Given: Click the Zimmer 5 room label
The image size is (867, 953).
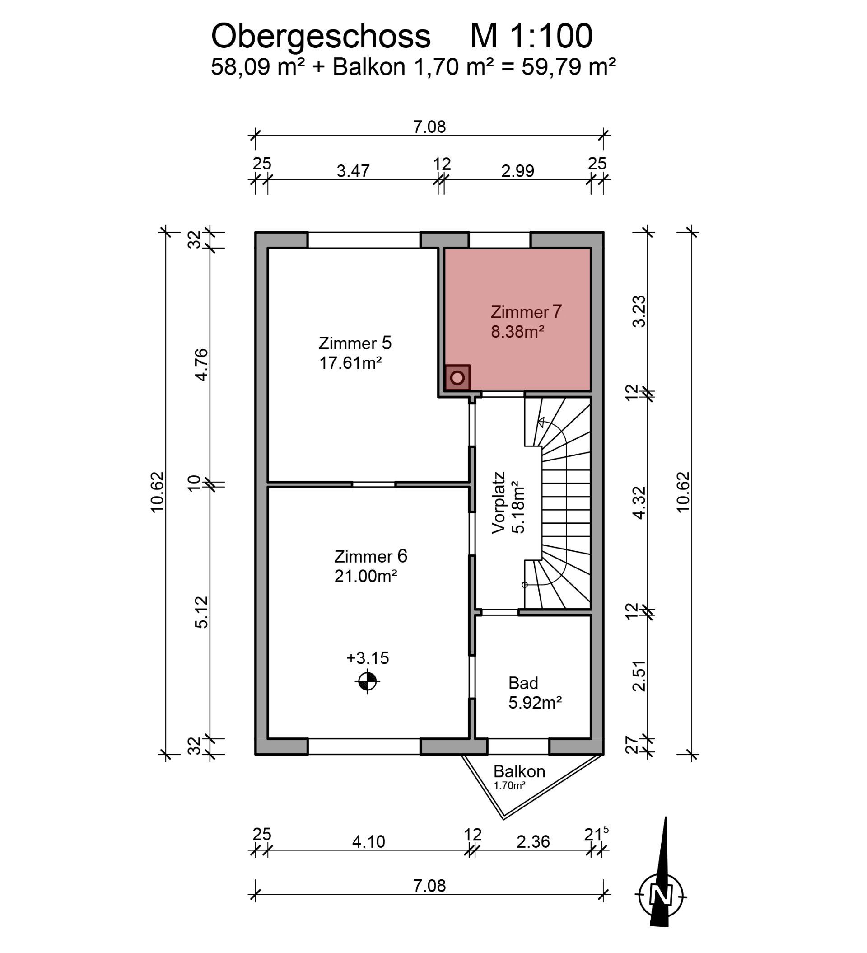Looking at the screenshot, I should coord(355,343).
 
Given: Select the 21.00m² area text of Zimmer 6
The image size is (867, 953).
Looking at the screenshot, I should coord(365,576).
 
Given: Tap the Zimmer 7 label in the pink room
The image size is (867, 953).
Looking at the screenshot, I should coord(526,312).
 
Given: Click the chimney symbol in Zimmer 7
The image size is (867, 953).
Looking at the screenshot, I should coord(457,378).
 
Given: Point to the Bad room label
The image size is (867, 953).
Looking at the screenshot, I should coord(523,683).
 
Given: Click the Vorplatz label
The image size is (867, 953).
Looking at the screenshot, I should coord(499,502).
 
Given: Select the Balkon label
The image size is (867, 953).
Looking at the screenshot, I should coord(519,771).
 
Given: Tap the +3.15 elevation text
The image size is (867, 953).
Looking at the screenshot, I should coord(368,657).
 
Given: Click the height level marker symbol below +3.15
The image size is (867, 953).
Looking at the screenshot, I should coord(368,681).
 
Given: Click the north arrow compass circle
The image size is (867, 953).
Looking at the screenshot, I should coord(661,895).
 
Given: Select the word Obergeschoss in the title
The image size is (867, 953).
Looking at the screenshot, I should coord(320,37).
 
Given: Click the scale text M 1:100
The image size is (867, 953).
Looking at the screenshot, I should coord(531,37).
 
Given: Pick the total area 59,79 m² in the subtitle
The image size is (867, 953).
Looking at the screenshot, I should coord(569,67).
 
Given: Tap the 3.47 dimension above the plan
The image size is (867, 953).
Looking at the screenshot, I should coord(353,171).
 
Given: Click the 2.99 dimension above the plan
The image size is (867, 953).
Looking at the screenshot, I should coord(517,171).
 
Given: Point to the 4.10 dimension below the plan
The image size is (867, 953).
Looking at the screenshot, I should coord(368,841).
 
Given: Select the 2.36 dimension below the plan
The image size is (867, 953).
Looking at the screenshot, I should coord(533,841).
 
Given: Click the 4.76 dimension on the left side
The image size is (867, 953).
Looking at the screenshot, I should coord(202,365).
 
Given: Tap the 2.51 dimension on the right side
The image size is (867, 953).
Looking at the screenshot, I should coord(639,676).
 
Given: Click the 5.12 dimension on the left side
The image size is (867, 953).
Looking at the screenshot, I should coord(202,612).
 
